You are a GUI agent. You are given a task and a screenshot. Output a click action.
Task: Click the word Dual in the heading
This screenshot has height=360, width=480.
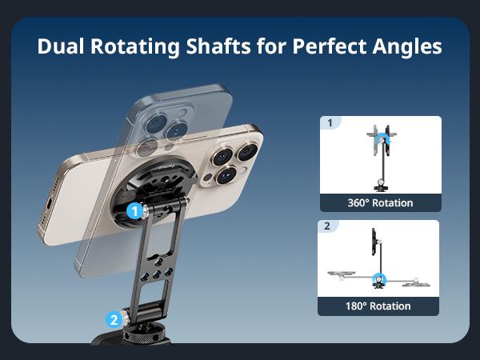61,46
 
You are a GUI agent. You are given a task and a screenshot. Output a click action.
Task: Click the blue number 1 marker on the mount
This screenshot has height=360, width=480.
135,211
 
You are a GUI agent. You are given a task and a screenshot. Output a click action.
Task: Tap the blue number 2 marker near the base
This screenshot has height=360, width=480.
114,319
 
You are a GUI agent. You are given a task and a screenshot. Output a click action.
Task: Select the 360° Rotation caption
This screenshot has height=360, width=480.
380,202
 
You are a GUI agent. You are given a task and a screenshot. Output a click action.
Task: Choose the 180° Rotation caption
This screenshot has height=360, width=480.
380,306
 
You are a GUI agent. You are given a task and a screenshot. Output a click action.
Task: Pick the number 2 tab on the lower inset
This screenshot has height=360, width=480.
327,226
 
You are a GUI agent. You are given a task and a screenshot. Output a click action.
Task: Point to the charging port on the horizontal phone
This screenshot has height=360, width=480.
50,206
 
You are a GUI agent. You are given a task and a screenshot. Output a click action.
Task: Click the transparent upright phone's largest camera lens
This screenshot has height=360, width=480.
153,124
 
